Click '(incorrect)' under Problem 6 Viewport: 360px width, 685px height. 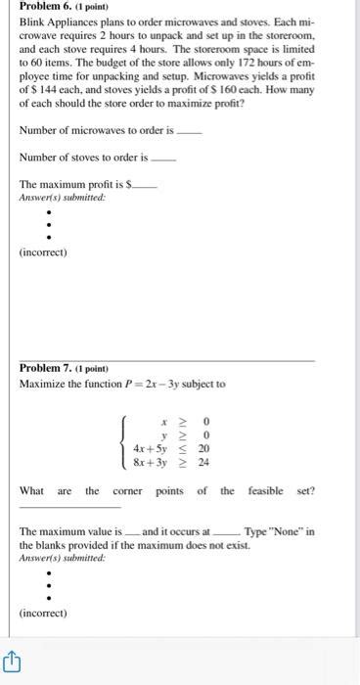(x=43, y=252)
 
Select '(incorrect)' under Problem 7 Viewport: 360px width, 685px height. (x=43, y=614)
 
